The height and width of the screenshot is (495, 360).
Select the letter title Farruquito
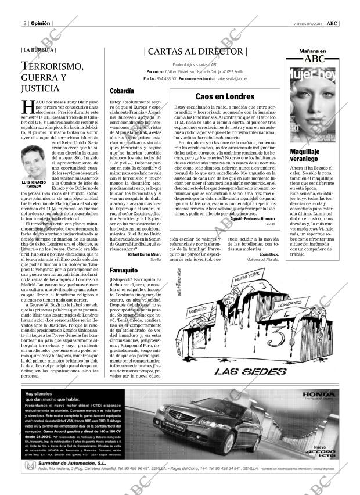coord(125,270)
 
